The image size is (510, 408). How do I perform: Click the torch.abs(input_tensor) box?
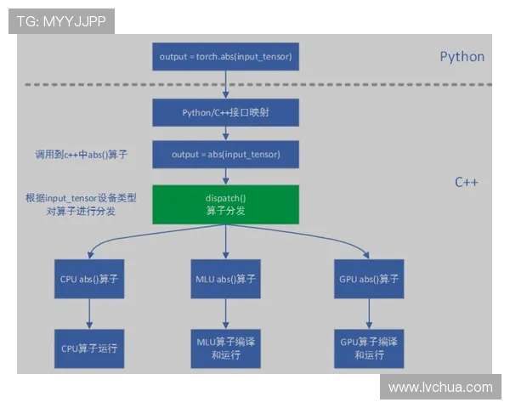coord(225,56)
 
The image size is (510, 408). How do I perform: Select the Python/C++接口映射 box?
coord(225,112)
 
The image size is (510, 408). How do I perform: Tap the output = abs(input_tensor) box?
coord(225,154)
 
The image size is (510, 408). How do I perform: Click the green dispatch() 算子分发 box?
coord(225,205)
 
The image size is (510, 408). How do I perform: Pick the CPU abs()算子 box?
coord(89,279)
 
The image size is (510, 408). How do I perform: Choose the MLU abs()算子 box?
coord(225,279)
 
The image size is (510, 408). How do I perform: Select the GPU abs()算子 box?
coord(369,279)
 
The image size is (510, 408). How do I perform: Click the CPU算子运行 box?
coord(89,348)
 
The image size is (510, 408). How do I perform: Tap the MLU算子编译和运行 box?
coord(225,348)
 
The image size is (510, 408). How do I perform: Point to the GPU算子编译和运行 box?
coord(369,348)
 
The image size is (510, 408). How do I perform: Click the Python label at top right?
coord(462,57)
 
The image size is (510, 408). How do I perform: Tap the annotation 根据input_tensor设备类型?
coord(80,197)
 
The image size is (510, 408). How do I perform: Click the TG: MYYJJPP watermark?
coord(61,21)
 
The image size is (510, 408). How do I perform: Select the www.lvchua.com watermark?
coord(439,387)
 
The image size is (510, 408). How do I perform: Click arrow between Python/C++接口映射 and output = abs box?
coord(225,133)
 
